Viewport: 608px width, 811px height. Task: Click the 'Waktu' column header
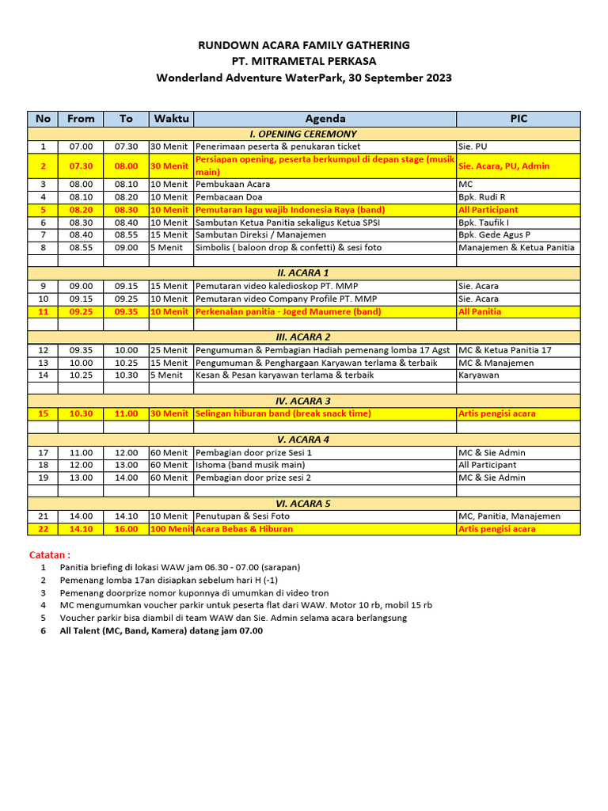171,119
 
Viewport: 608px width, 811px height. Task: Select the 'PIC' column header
518,119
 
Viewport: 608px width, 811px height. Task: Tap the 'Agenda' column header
325,119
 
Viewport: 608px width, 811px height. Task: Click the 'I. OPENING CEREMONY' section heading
304,134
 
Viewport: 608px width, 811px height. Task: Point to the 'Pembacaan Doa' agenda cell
230,197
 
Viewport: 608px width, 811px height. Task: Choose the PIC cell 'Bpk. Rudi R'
481,197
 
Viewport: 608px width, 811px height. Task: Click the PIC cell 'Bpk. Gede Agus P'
494,235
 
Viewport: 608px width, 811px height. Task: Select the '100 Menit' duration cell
171,529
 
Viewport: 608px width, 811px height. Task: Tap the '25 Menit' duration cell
169,350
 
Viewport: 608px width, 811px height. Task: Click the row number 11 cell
44,312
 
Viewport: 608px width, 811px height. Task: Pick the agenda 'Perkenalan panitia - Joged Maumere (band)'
288,312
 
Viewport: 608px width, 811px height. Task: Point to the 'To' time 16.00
126,529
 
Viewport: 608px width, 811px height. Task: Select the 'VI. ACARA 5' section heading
304,503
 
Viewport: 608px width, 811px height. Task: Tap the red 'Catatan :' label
50,554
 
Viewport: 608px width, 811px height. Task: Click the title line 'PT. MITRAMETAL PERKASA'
304,61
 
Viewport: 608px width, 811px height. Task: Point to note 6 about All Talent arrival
161,631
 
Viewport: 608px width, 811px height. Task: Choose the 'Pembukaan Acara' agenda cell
233,185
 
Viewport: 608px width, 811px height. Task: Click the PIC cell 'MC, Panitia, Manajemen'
509,516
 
